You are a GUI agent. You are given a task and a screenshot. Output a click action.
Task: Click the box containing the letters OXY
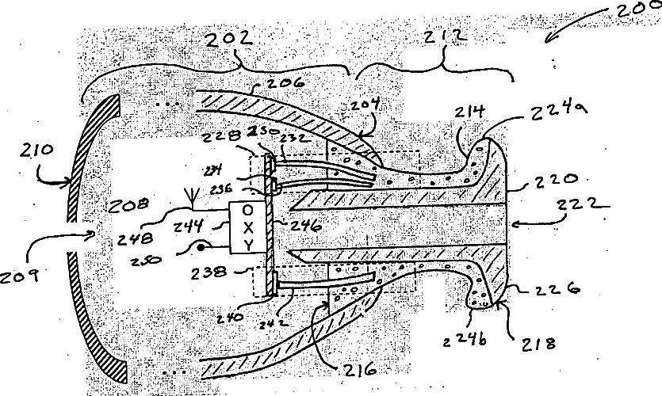click(x=249, y=228)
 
